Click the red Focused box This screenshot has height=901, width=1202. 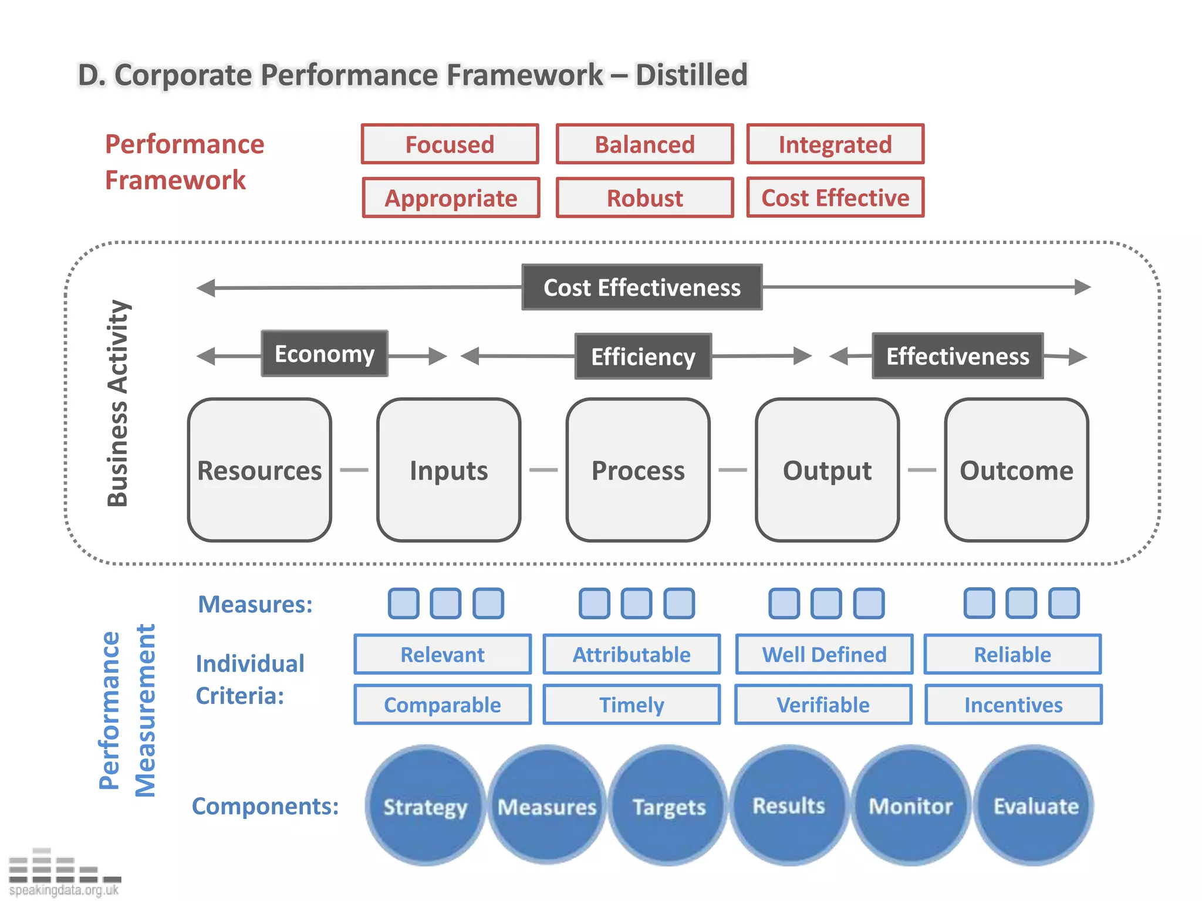[x=450, y=144]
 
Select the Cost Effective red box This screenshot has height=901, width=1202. [x=835, y=198]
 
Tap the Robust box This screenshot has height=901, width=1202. [x=644, y=198]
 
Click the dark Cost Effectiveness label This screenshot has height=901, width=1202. [x=642, y=287]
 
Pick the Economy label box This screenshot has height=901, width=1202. [x=325, y=354]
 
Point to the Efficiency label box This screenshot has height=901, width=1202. [x=643, y=357]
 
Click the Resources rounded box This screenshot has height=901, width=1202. [x=259, y=470]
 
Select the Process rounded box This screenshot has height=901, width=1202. [x=638, y=470]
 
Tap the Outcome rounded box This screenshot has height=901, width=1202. [x=1017, y=470]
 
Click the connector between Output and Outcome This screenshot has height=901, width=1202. [x=921, y=470]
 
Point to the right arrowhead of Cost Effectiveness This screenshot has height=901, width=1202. [x=1083, y=287]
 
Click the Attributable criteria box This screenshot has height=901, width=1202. [x=632, y=654]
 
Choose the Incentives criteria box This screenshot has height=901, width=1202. [x=1013, y=704]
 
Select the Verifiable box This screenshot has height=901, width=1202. [x=823, y=704]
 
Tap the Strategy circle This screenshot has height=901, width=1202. [x=425, y=807]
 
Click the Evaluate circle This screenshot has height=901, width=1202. [x=1035, y=806]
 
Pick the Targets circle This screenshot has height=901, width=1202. [x=668, y=807]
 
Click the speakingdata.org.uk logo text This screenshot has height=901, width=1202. [x=64, y=890]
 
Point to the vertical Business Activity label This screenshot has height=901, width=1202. [x=118, y=403]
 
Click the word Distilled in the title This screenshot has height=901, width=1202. [x=691, y=75]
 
